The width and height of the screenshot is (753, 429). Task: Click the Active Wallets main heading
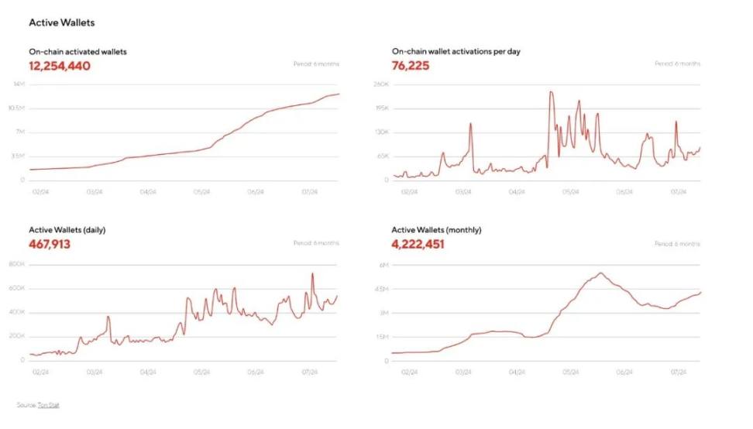click(x=62, y=23)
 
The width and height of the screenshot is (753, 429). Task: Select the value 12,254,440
click(x=60, y=66)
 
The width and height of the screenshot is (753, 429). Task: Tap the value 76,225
click(x=411, y=66)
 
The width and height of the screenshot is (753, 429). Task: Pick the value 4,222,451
click(x=418, y=245)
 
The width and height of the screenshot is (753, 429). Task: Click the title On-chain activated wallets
click(x=77, y=51)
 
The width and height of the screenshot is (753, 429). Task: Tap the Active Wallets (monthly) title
click(x=436, y=230)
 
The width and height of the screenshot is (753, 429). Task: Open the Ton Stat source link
click(x=48, y=404)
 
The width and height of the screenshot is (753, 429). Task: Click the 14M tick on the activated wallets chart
click(x=19, y=84)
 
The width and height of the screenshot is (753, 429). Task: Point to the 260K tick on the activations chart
click(x=381, y=84)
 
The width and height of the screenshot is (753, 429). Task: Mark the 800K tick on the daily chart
click(x=17, y=264)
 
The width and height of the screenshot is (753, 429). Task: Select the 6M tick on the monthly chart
click(x=383, y=264)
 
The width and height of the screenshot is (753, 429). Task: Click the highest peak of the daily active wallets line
click(x=313, y=273)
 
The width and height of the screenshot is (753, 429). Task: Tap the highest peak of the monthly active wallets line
click(x=601, y=273)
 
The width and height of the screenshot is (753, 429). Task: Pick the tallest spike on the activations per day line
click(x=551, y=92)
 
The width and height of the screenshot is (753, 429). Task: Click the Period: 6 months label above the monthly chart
click(x=677, y=243)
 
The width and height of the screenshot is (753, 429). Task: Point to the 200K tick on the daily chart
click(x=17, y=336)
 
